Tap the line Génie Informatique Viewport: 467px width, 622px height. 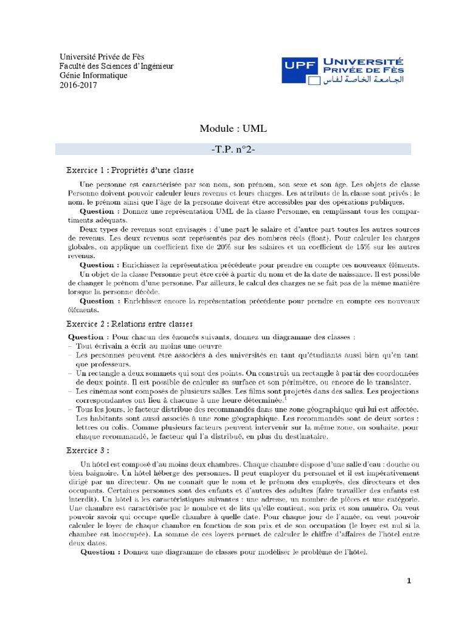tap(93, 75)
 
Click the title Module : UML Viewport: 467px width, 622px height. tap(233, 128)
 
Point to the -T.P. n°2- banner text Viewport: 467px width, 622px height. tap(233, 148)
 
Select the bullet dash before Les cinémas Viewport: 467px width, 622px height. tap(70, 393)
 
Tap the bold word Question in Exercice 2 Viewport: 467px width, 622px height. tap(86, 336)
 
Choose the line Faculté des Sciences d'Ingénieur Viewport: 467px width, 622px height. tap(116, 66)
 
